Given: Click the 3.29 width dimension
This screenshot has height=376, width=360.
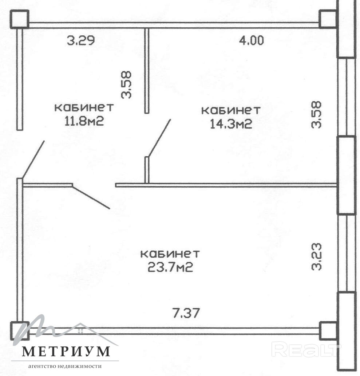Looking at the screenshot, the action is pos(81,40).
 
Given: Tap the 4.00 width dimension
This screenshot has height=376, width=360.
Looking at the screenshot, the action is pos(252,40).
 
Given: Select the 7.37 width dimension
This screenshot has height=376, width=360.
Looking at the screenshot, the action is pos(186,313).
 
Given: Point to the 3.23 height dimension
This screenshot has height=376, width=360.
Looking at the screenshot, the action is pos(316,257).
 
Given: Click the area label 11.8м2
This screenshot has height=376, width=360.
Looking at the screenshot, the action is pos(84,121).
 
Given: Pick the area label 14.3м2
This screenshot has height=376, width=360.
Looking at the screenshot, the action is pos(231,124).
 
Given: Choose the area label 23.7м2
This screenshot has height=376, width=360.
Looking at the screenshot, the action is pos(170,267).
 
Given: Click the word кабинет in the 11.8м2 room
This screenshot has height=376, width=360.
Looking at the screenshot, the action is pos(84,107).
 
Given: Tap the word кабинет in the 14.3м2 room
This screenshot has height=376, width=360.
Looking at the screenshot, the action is pos(231,110).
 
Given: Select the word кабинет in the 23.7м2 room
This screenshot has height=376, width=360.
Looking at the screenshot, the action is pos(170,254).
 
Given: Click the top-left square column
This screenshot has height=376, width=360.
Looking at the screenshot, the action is pos(19,19).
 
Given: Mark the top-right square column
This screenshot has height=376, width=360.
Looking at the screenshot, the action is pos(328,19).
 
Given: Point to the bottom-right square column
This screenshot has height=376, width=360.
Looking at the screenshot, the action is pos(328,331).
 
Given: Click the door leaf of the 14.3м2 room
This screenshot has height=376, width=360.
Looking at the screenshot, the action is pos(159,138).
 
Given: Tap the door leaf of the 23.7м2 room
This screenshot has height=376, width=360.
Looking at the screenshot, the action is pos(91,197).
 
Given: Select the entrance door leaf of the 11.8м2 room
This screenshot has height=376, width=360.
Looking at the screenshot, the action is pos(33,160).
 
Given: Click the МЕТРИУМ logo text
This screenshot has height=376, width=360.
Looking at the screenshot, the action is pos(66,352).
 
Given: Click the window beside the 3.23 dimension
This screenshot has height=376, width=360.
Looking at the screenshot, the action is pos(346,253).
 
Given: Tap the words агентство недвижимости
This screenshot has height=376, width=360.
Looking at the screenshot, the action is pos(65,366).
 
